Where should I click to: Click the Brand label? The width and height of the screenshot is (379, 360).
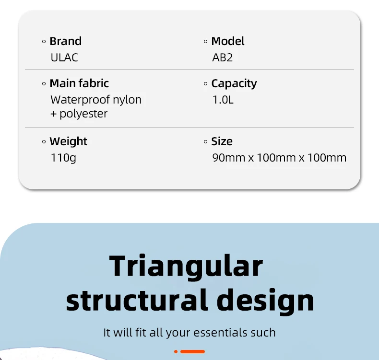coord(66,41)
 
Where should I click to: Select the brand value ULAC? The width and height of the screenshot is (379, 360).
coord(64,58)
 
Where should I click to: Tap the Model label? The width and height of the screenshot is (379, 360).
coord(228,41)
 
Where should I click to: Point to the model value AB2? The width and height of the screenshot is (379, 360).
coord(223,58)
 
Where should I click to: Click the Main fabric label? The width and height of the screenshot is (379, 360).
coord(79,83)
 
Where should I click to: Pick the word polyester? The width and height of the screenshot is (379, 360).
coord(83,114)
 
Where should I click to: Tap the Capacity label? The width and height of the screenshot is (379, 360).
coord(234,84)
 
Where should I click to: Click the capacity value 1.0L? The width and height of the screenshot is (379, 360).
coord(223,100)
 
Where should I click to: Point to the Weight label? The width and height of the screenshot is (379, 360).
coord(69,141)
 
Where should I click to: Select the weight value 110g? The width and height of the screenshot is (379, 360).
coord(63,158)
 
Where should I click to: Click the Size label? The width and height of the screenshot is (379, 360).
coord(222,141)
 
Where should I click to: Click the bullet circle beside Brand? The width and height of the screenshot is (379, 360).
coord(44,42)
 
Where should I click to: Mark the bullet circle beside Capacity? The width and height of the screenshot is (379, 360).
coord(205,84)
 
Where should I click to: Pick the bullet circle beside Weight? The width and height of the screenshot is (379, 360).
coord(44,142)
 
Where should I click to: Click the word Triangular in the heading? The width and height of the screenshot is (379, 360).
coord(186,267)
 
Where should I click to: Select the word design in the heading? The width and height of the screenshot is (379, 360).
coord(265,301)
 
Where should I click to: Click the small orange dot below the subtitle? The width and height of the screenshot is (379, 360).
coord(176,351)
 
